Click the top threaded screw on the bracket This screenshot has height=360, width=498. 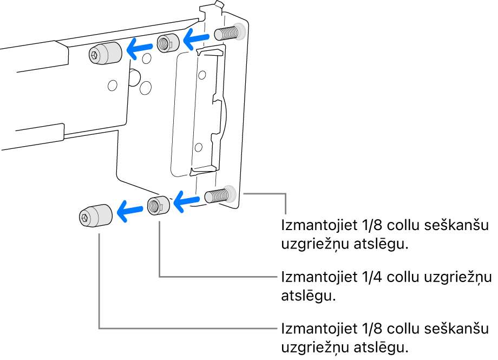228,33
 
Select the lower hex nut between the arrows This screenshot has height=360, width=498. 158,206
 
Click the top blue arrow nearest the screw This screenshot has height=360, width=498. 196,38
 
